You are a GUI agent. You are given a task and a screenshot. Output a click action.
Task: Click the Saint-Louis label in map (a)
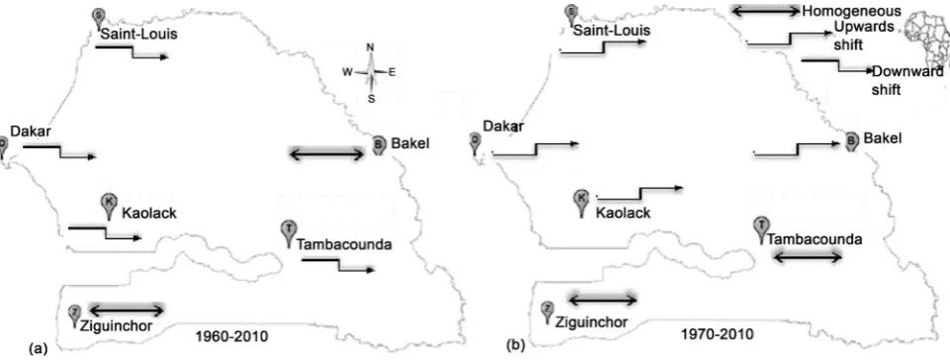point(138,34)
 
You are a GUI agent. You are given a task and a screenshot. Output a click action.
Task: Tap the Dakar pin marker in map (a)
point(2,146)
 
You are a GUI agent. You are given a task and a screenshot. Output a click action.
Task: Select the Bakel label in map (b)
point(883,138)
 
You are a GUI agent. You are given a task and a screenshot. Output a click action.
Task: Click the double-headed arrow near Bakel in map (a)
point(327,154)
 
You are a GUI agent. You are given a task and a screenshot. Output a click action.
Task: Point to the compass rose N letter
point(371,47)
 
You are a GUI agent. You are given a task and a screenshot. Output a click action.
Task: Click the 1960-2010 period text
point(232,335)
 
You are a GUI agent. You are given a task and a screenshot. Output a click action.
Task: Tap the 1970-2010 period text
point(718,334)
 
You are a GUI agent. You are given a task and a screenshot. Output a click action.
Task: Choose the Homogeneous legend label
point(851,11)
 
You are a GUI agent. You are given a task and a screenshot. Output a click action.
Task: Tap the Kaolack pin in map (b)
point(581,203)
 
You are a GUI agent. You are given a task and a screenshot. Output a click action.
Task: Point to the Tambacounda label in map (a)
point(344,245)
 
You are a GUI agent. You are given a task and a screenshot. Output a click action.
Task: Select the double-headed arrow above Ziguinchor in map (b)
point(603,300)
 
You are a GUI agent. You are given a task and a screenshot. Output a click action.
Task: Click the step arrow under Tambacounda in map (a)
point(338,265)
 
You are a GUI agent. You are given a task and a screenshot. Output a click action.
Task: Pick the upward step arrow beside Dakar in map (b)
point(536,149)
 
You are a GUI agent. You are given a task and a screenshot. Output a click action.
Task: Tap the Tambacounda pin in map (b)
point(762,229)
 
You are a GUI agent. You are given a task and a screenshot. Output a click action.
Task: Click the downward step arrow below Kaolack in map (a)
point(106,233)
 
